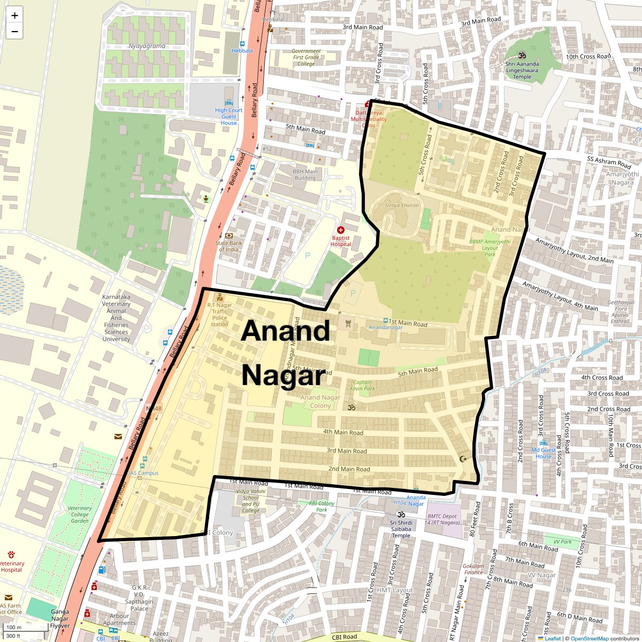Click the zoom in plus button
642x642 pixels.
coord(14,16)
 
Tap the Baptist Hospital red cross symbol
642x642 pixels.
coord(341,230)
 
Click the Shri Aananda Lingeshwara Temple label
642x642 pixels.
coord(522,70)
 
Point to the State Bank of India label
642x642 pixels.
coord(229,246)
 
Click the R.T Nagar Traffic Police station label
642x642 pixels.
coord(219,315)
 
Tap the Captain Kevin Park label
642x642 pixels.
coord(362,385)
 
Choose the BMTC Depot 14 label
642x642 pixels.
coord(442,519)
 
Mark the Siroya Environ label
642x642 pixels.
coord(402,205)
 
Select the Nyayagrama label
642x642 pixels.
coord(147,46)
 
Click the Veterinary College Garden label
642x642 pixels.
coord(80,515)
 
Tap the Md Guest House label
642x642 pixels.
coord(543,453)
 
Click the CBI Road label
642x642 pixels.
coord(345,637)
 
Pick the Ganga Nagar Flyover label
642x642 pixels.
coord(60,618)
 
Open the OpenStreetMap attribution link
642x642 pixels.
coord(589,638)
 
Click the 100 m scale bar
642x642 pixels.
coord(14,628)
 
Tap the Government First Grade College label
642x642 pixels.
coord(306,57)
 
